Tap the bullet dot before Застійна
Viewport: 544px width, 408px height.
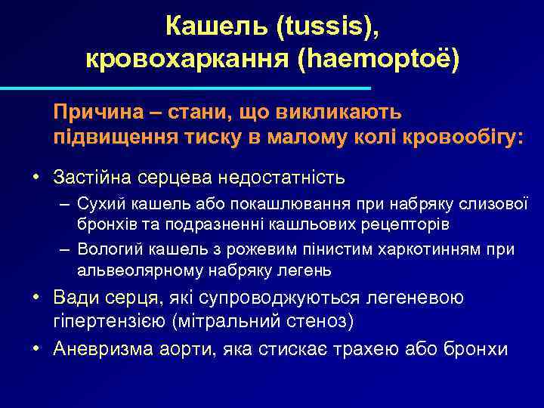[x=36, y=178]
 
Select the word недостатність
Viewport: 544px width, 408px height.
[x=282, y=178]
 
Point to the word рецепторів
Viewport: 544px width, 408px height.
[x=407, y=225]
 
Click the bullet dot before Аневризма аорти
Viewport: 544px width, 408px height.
[x=36, y=350]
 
